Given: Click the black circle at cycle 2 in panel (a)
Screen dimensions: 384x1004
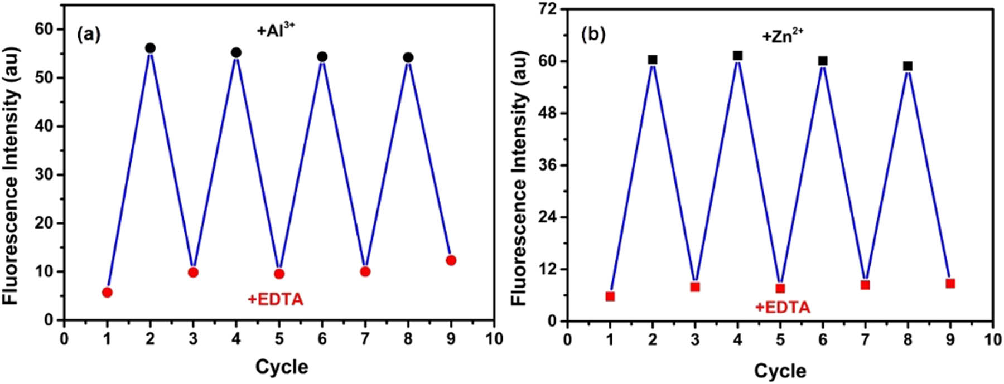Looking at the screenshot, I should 150,48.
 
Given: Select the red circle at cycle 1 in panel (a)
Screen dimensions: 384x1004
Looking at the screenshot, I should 107,293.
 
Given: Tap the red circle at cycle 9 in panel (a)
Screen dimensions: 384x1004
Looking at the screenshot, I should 451,260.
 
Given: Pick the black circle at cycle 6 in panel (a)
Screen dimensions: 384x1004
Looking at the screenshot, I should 322,57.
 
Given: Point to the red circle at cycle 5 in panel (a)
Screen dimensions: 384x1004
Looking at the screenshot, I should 279,274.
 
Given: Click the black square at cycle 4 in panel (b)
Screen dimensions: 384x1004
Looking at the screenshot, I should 738,56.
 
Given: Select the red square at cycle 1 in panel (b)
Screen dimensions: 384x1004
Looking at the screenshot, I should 610,296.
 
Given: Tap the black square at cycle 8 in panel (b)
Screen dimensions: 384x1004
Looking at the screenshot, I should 908,66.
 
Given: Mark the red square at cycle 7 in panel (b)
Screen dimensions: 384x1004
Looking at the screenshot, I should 866,285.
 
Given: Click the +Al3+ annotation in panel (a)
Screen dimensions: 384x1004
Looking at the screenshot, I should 275,31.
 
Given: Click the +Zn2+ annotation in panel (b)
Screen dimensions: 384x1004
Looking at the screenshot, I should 783,36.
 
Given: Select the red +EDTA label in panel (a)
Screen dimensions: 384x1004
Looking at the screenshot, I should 276,300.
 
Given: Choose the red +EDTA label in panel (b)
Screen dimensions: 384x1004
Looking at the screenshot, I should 782,307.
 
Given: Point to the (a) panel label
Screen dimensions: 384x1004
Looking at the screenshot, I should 89,35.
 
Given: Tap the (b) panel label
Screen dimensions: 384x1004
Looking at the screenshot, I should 593,35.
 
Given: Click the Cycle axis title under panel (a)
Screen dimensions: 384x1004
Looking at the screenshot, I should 282,367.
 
